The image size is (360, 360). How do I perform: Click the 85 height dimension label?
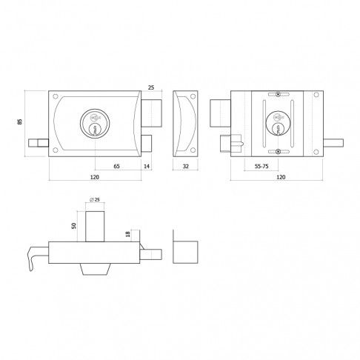20,121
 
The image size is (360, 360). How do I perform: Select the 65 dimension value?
116,166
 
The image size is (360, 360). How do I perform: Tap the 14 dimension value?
147,166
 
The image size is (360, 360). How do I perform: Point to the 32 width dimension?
185,166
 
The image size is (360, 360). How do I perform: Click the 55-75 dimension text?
261,166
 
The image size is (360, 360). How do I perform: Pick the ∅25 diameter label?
95,199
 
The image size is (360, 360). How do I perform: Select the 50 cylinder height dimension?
74,226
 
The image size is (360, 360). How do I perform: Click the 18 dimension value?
128,234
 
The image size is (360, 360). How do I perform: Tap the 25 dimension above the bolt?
151,87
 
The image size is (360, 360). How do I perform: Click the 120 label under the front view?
95,177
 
